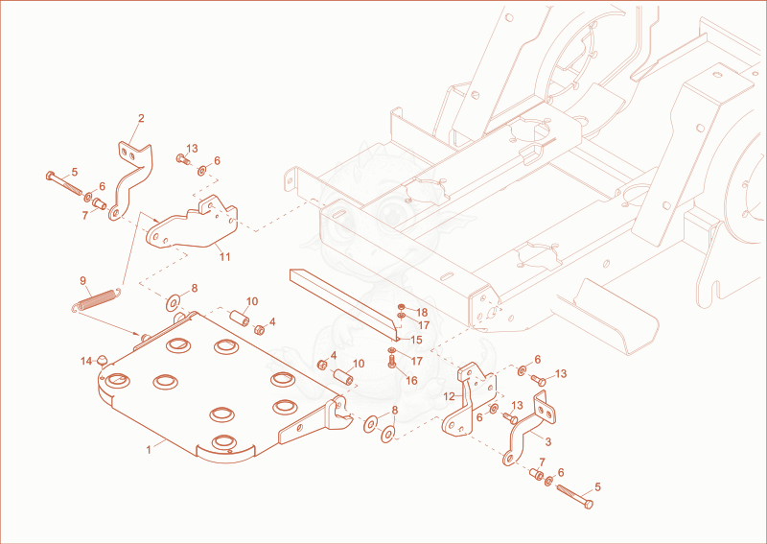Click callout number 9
click(82, 280)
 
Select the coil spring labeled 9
click(96, 300)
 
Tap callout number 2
click(141, 118)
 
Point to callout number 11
click(224, 256)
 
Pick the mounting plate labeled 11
click(193, 226)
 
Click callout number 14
click(86, 362)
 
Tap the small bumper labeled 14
click(102, 360)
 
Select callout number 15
click(416, 340)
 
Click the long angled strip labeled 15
click(345, 303)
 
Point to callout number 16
click(412, 380)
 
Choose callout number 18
click(422, 313)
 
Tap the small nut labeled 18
click(401, 307)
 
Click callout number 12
click(450, 396)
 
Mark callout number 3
click(547, 441)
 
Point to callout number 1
click(149, 450)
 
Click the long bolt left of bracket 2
click(64, 183)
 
